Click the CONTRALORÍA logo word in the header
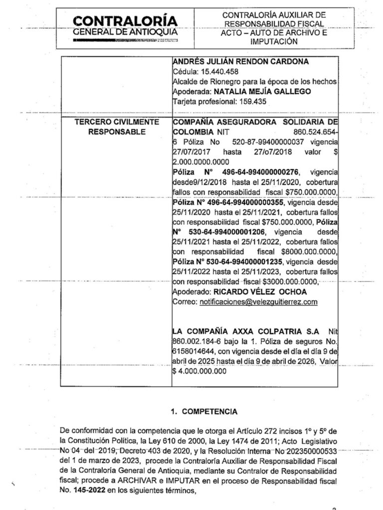pos(125,20)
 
